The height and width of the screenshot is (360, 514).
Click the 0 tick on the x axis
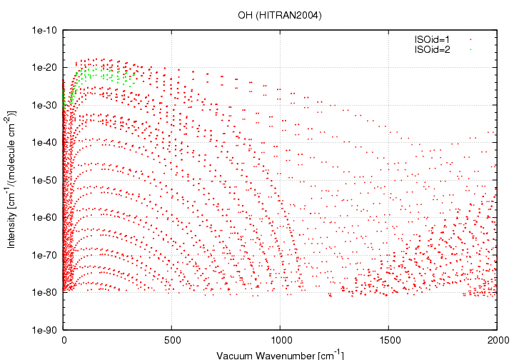(x=64, y=340)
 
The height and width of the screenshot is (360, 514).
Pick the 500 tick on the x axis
(x=172, y=340)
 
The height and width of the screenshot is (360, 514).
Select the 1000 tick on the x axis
(x=281, y=340)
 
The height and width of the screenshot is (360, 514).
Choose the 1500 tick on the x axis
(x=389, y=340)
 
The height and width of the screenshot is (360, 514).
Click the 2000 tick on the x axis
(x=497, y=340)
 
